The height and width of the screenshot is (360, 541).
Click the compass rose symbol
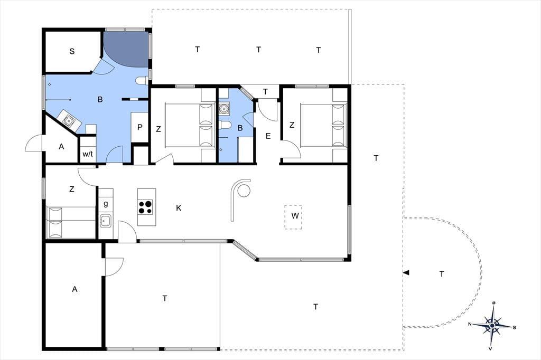492,325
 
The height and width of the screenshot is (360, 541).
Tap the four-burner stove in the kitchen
145,207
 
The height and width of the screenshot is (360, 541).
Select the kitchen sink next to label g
105,221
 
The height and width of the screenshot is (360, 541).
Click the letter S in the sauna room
72,51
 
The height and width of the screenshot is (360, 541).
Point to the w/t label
88,154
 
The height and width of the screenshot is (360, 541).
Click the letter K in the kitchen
179,208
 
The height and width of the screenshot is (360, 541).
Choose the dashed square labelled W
293,217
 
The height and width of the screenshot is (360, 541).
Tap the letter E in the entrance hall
268,136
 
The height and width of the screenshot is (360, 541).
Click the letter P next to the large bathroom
139,127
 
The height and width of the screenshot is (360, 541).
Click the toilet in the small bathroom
225,125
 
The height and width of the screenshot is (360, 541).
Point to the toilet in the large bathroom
142,81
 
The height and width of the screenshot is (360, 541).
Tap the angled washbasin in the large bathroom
69,120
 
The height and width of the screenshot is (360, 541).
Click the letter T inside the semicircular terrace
442,274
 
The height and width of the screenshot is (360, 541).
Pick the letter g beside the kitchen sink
106,203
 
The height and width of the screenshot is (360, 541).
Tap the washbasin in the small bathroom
224,109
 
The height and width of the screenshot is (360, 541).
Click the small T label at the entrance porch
265,92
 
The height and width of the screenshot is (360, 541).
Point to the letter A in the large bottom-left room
74,290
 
